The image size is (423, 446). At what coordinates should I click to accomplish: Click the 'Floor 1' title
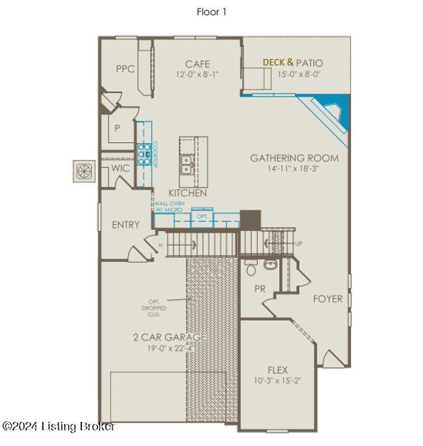[211, 12]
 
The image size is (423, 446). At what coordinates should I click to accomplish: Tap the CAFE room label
[197, 64]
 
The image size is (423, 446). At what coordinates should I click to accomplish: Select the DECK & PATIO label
[293, 63]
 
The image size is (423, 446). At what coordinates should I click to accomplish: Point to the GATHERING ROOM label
[294, 158]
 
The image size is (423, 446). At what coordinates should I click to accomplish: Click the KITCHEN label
[187, 193]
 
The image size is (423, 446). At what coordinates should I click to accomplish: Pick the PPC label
[125, 69]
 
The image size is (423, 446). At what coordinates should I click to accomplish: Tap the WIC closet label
[120, 169]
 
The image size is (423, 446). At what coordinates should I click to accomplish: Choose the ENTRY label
[126, 225]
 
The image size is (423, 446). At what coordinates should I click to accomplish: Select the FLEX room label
[277, 370]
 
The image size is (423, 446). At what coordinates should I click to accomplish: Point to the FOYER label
[328, 299]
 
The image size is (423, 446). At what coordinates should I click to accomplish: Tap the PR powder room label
[260, 289]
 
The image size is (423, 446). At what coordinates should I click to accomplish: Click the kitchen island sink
[188, 166]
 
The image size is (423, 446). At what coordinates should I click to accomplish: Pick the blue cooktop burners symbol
[144, 152]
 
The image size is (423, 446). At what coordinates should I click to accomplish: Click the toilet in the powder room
[250, 269]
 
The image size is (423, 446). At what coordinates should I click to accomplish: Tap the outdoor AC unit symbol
[84, 171]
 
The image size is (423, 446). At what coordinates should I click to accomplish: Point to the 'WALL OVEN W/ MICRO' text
[169, 206]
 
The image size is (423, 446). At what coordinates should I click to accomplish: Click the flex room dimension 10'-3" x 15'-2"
[277, 381]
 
